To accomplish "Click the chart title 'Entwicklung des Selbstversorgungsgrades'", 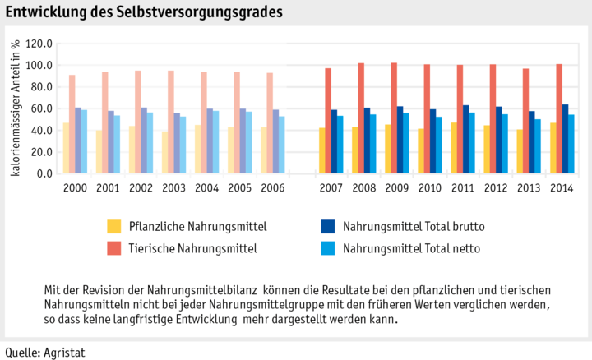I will [144, 12].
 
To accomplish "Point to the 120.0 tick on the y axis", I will [39, 44].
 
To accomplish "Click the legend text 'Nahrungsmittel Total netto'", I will [411, 247].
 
